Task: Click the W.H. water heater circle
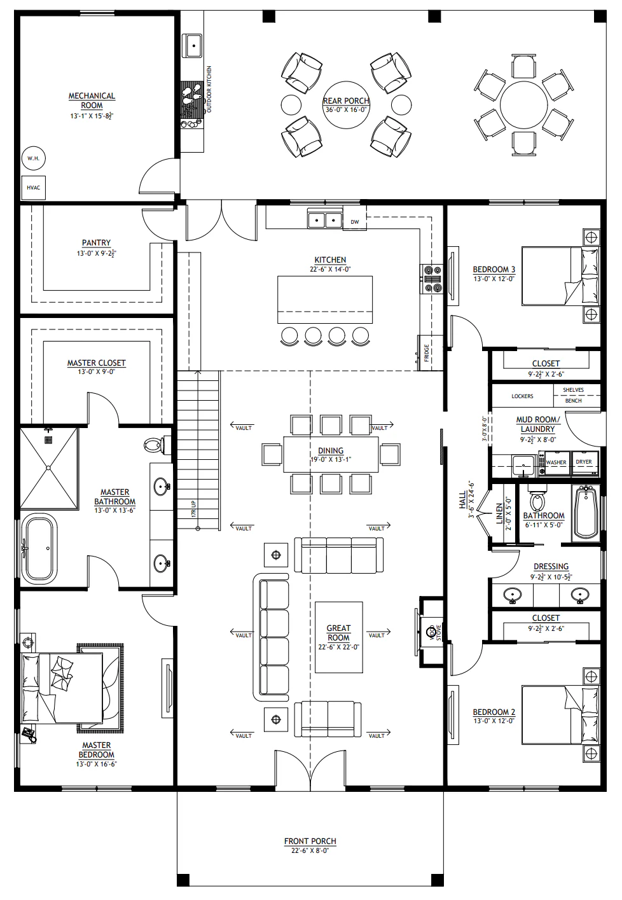click(x=33, y=158)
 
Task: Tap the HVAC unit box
click(x=33, y=188)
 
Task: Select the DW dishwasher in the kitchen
click(x=354, y=219)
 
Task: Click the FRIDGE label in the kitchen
click(x=427, y=353)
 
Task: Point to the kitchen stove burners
click(x=432, y=279)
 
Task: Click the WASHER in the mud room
click(x=556, y=463)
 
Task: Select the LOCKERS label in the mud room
click(x=522, y=396)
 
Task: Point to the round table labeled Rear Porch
click(x=346, y=106)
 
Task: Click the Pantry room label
click(x=96, y=243)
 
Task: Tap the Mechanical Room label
click(x=92, y=100)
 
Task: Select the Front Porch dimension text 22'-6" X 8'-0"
click(x=310, y=850)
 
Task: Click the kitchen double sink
click(x=325, y=220)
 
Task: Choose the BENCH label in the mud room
click(x=574, y=401)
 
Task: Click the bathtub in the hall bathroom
click(x=586, y=512)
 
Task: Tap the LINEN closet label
click(x=499, y=514)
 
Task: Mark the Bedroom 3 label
click(x=494, y=269)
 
